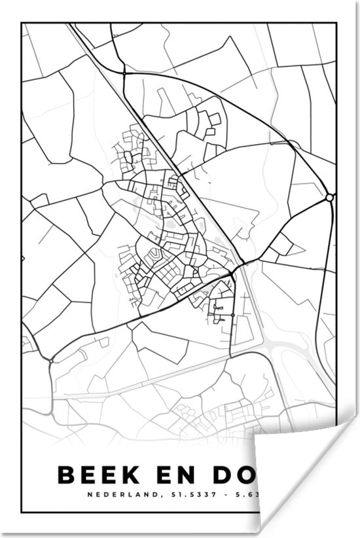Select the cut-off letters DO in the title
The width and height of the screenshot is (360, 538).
(x=240, y=474)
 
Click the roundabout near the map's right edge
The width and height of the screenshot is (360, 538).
(x=329, y=197)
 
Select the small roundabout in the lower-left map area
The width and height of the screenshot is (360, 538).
(x=50, y=359)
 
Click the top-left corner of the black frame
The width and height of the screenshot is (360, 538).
(x=22, y=24)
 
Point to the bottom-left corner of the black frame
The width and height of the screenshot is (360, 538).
(x=22, y=512)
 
